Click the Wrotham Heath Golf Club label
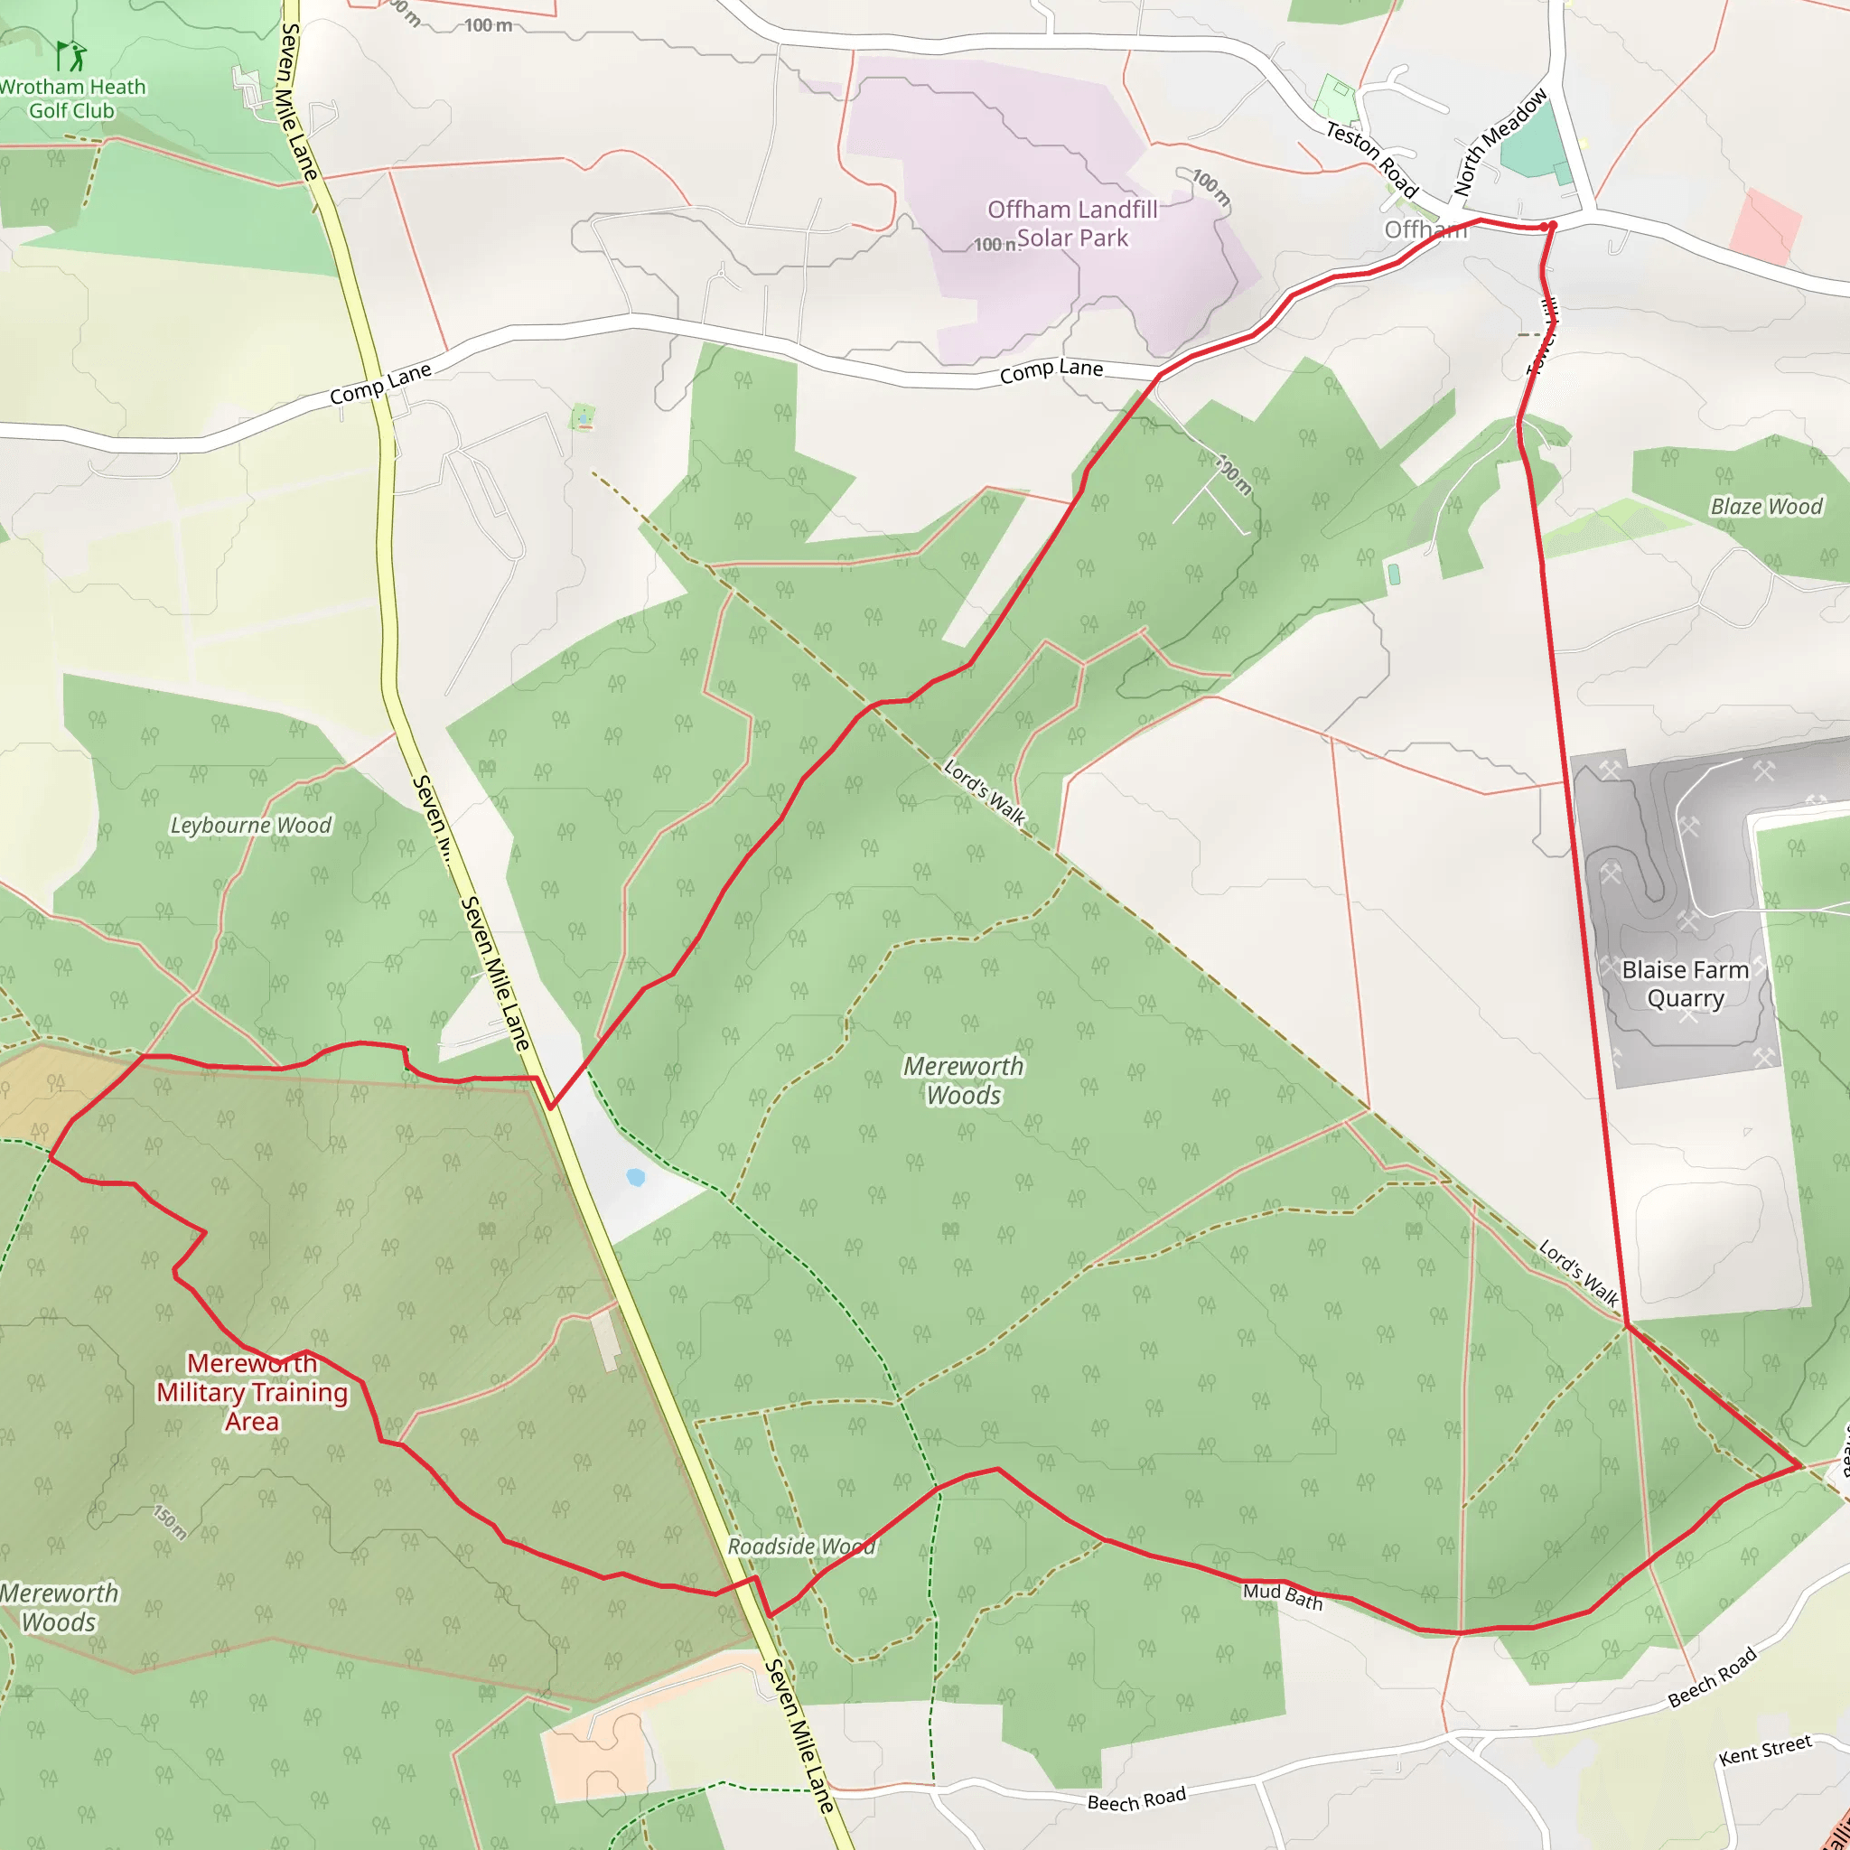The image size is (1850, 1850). (72, 98)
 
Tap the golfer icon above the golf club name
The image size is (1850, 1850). (69, 55)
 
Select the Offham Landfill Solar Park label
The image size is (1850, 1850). (1071, 223)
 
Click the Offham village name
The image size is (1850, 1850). (1424, 229)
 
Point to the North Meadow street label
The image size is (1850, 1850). (1500, 143)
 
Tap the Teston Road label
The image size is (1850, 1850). (1371, 160)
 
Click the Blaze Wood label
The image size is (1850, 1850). (1766, 507)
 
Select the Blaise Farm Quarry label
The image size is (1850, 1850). (1685, 984)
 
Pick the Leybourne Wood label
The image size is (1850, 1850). (250, 826)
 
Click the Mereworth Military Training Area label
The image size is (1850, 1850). (252, 1392)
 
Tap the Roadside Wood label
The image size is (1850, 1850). (800, 1546)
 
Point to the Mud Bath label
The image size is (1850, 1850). (1282, 1596)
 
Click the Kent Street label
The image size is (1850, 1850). (1765, 1750)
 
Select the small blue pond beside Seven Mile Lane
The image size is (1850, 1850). (635, 1177)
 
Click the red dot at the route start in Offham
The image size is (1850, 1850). (1551, 226)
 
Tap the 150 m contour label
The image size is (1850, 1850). (171, 1522)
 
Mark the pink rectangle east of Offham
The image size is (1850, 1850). (1766, 227)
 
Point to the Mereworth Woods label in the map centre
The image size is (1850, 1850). (963, 1080)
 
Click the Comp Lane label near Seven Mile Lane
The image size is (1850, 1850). (380, 384)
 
